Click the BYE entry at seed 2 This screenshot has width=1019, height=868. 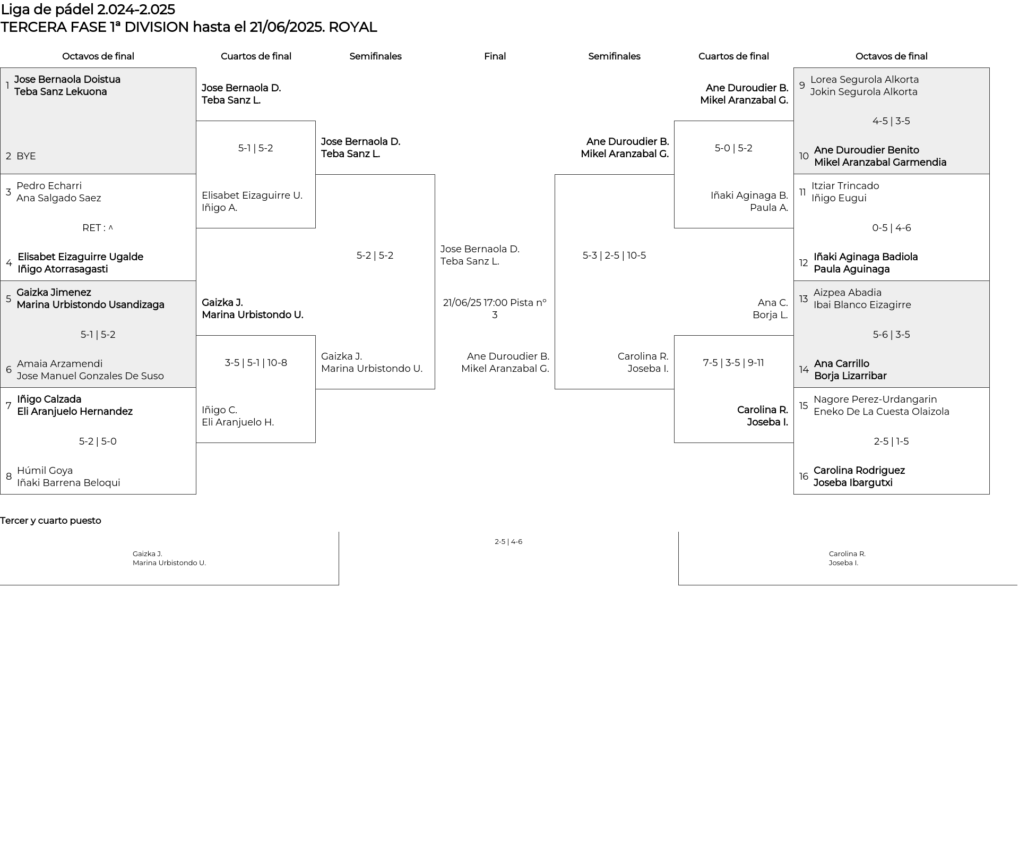click(26, 156)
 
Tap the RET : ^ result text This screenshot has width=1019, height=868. click(98, 228)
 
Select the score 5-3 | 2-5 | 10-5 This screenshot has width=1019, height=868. click(614, 256)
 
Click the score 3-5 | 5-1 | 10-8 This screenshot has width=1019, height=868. click(256, 363)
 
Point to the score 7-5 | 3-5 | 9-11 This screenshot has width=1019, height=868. click(733, 363)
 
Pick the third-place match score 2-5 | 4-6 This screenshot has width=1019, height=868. click(508, 542)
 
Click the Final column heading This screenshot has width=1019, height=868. click(495, 56)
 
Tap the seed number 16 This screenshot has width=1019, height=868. click(804, 476)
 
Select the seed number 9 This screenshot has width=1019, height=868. click(802, 86)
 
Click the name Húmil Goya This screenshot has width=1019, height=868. click(45, 471)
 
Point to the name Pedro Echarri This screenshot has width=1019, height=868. click(49, 186)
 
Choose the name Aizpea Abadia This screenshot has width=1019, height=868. click(848, 293)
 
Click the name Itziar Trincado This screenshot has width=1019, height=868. click(845, 186)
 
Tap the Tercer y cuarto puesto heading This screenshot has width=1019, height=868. click(50, 521)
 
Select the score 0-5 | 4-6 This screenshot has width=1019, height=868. click(892, 228)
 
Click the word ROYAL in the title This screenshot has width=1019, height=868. click(353, 27)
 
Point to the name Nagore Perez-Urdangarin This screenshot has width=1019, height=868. click(875, 399)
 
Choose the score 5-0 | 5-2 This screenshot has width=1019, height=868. click(733, 148)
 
